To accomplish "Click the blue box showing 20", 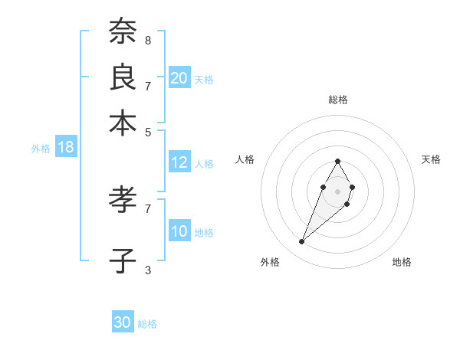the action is [x=179, y=78].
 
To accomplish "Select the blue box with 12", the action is [x=179, y=162].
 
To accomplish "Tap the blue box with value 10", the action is [x=179, y=231].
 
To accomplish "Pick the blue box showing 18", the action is [x=66, y=148].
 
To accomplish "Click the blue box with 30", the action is [x=123, y=322].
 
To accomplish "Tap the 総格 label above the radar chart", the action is [x=338, y=100].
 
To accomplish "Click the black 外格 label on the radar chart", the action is [x=270, y=262].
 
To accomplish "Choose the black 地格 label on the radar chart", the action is [x=402, y=262].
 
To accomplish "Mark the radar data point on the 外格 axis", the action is [x=302, y=241].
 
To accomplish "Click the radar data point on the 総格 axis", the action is [x=337, y=161].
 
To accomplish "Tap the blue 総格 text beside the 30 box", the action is [x=148, y=324].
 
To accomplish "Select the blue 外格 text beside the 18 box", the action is [x=41, y=149].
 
